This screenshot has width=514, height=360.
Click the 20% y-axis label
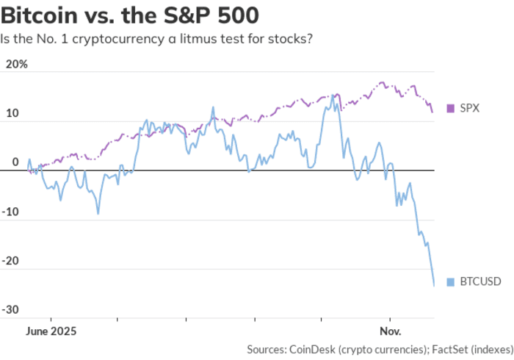16,64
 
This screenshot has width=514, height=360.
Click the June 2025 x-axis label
51,331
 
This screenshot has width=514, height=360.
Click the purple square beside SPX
451,108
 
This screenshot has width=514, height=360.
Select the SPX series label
470,108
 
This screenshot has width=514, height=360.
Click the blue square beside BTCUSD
451,280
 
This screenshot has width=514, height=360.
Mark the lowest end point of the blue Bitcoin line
434,285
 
